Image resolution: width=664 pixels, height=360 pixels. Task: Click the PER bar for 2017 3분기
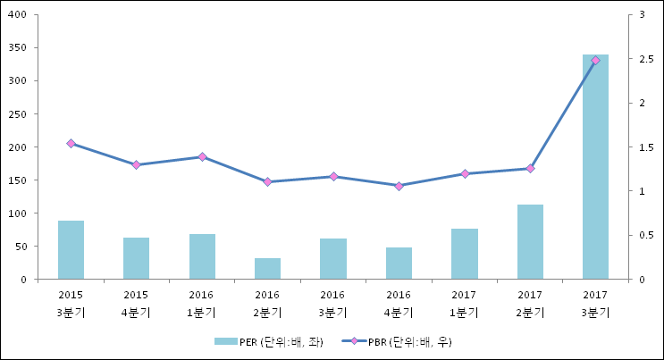click(x=595, y=167)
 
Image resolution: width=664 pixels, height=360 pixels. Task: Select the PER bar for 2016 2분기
click(x=267, y=269)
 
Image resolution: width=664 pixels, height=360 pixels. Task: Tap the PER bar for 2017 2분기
click(x=530, y=242)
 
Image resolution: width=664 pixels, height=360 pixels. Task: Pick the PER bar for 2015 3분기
click(x=71, y=250)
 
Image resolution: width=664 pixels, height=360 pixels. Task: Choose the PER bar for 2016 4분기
click(x=399, y=264)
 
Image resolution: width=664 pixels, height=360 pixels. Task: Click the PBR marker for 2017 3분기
click(x=595, y=61)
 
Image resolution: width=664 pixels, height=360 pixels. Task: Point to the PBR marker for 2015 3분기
click(x=71, y=144)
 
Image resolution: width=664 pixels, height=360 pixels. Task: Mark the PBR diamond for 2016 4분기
click(x=399, y=186)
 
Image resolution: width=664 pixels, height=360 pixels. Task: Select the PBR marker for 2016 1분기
click(x=202, y=156)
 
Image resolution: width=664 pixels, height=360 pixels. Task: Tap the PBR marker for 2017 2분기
click(x=530, y=169)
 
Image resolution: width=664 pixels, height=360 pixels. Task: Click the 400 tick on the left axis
click(x=17, y=14)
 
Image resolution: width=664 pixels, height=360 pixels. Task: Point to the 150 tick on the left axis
click(x=17, y=180)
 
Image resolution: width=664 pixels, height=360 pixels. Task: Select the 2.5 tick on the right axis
click(x=646, y=59)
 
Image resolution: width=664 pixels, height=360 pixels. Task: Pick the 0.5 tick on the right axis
click(x=646, y=235)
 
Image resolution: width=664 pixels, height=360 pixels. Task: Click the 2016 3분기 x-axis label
click(x=332, y=304)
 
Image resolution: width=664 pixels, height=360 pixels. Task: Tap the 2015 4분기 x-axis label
click(x=136, y=304)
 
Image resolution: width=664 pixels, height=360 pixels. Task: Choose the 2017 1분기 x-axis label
click(x=464, y=304)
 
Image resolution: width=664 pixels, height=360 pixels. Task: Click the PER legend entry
click(x=269, y=342)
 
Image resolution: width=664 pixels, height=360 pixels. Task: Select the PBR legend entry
click(x=397, y=342)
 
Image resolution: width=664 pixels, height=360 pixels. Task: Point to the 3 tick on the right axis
click(x=642, y=14)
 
